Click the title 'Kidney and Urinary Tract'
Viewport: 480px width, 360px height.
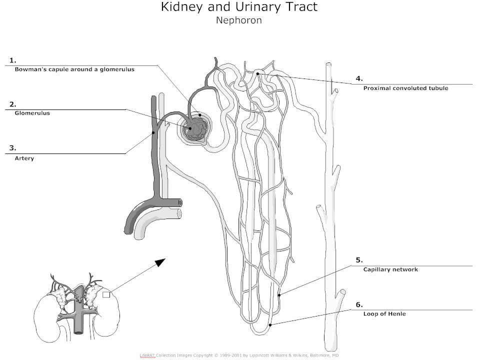[238, 7]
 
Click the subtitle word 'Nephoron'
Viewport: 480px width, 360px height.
[238, 21]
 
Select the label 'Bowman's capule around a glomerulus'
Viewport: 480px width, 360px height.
[74, 69]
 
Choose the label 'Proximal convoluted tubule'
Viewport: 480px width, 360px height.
[405, 88]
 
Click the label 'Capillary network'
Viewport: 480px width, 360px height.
[390, 269]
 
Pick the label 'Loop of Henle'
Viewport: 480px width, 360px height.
[384, 314]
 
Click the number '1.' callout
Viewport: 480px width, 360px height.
[12, 60]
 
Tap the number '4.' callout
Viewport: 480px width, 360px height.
[359, 78]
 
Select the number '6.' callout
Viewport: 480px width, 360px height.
[359, 304]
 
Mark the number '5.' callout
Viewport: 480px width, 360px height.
[359, 260]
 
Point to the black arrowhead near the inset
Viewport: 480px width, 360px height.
[159, 262]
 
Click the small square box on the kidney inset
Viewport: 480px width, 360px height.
[106, 295]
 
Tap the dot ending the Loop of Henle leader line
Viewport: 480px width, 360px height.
[270, 325]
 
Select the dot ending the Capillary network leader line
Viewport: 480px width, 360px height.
[279, 295]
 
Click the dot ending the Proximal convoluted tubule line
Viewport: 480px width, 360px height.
[258, 74]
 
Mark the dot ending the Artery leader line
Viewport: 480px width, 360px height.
[153, 132]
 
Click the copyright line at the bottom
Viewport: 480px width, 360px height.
[239, 355]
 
